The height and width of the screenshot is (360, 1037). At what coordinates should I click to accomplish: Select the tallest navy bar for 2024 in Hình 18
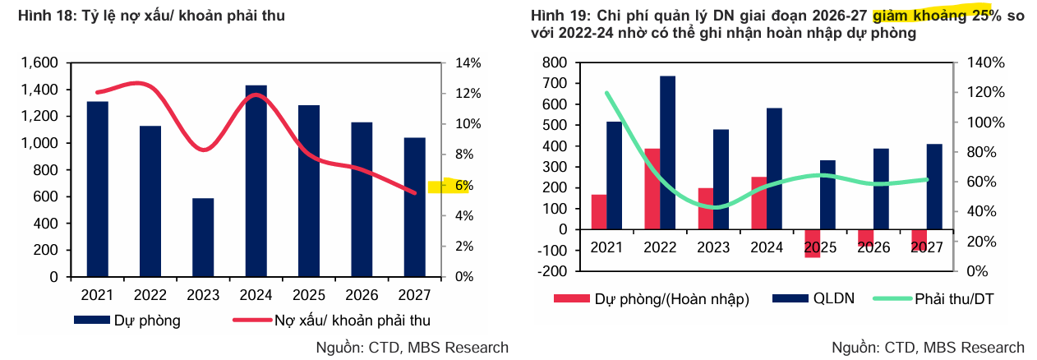coord(256,181)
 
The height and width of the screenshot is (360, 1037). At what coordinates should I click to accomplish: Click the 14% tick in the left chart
coord(456,63)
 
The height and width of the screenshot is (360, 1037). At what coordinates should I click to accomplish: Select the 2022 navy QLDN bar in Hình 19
coord(668,152)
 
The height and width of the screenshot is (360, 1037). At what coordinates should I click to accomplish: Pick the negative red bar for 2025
coord(812,243)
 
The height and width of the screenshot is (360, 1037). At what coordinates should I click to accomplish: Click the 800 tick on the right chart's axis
coord(555,63)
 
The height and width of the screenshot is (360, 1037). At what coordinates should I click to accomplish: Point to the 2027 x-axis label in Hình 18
coord(415,294)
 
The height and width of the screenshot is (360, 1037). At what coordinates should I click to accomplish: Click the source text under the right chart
coord(928,348)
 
